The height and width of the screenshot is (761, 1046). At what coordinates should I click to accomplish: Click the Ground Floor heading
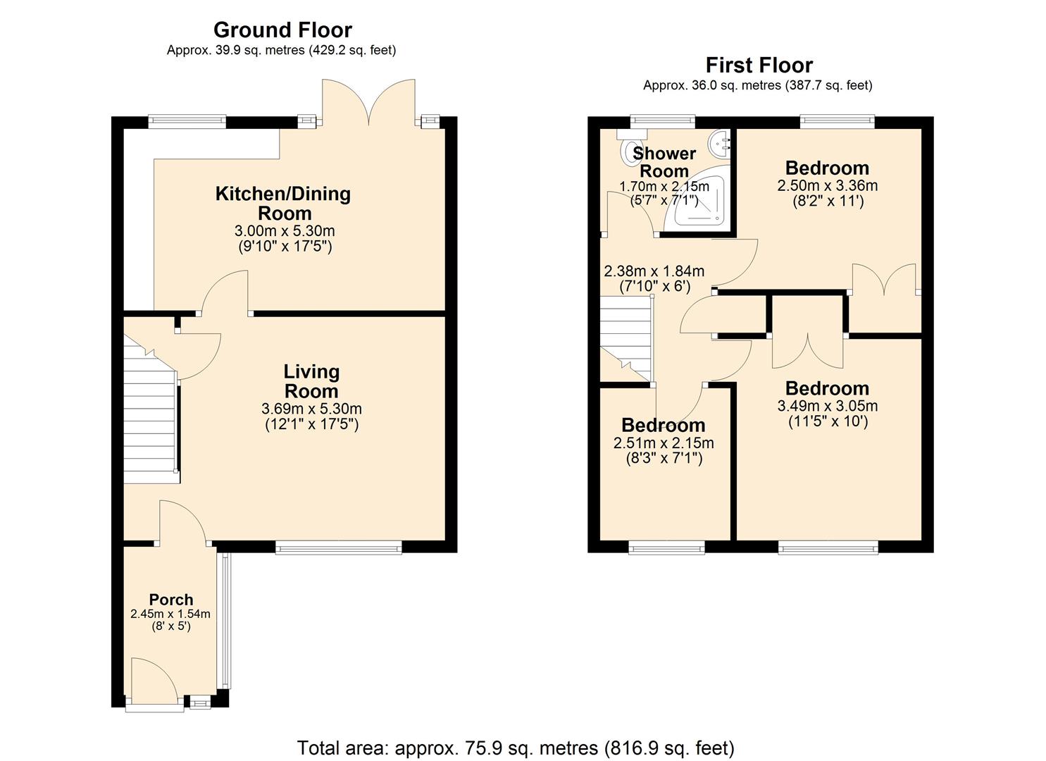[x=282, y=30]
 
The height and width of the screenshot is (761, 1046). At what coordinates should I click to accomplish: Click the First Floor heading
[x=759, y=65]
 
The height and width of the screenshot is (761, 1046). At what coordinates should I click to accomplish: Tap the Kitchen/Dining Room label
[x=282, y=203]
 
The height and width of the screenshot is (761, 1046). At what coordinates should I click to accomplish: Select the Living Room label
[x=311, y=381]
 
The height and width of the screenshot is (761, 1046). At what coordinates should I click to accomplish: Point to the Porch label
[x=171, y=600]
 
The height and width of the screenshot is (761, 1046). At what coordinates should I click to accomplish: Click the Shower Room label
[x=664, y=162]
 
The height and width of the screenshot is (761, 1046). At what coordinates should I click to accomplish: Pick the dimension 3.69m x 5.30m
[x=311, y=409]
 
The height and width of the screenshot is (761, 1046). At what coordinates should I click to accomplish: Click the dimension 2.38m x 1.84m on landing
[x=654, y=271]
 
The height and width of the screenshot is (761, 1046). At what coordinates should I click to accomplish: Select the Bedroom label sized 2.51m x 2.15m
[x=663, y=425]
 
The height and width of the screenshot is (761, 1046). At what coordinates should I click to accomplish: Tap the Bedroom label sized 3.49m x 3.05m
[x=827, y=388]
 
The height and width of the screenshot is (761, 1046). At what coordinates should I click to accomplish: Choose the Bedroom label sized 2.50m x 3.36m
[x=827, y=168]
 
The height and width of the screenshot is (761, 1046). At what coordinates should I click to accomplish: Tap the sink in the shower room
[x=721, y=145]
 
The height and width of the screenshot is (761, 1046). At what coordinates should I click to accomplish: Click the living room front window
[x=339, y=547]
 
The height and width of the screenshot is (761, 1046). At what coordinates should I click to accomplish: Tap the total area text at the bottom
[x=516, y=747]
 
